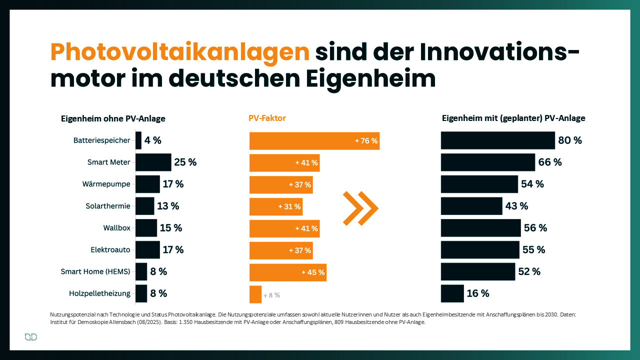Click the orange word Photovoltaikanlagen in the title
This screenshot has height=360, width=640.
click(180, 52)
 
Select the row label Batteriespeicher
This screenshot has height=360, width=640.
click(101, 140)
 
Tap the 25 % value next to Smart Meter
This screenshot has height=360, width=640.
click(185, 162)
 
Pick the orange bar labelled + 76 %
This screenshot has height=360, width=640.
click(314, 141)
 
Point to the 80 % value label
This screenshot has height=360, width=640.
click(570, 140)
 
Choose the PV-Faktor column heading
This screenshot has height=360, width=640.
click(267, 118)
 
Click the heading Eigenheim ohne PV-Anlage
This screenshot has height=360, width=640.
click(113, 118)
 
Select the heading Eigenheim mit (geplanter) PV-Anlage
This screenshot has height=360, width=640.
click(513, 118)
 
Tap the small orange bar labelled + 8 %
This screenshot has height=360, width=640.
click(255, 294)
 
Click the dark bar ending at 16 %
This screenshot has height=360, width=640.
click(452, 293)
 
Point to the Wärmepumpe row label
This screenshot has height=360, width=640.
click(106, 184)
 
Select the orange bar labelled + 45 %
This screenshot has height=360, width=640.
click(287, 272)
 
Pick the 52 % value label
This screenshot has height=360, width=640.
click(529, 271)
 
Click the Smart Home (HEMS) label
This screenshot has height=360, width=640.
click(95, 271)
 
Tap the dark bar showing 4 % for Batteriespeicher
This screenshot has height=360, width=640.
click(138, 140)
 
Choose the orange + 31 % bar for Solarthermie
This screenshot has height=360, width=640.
click(275, 206)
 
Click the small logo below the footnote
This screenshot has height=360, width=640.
click(31, 337)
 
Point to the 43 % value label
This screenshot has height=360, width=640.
click(517, 206)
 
